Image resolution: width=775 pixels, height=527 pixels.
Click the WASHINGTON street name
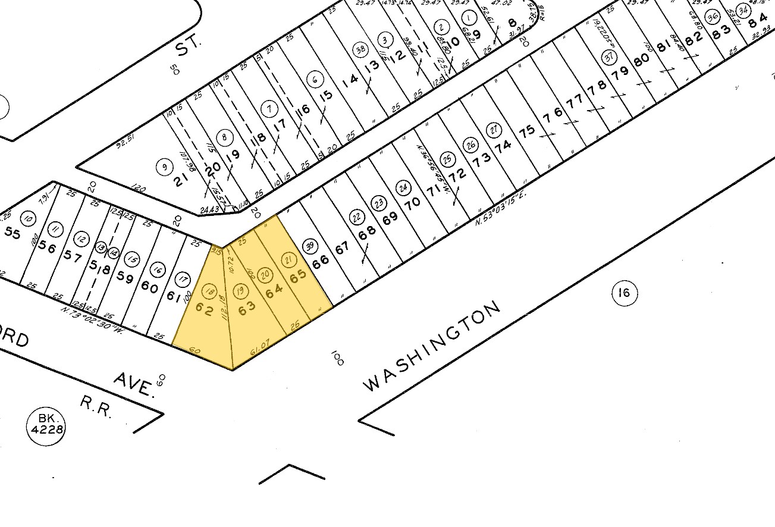pos(432,347)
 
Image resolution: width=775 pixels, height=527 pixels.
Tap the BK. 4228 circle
pos(45,425)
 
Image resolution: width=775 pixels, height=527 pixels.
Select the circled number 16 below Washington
pos(623,293)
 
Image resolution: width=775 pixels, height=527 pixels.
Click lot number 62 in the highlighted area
pos(204,310)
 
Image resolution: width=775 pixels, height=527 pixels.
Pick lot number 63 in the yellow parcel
pos(246,308)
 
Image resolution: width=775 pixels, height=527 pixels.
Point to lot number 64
pos(274,292)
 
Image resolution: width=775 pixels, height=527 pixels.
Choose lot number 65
pos(297,277)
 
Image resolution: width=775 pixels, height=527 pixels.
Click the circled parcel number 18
pos(209,291)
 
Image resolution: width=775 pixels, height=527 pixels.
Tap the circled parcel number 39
pos(309,246)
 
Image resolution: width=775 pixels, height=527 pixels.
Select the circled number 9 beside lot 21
pos(164,167)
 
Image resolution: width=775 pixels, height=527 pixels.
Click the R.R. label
pos(96,407)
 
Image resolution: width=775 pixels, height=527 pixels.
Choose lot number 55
pos(12,233)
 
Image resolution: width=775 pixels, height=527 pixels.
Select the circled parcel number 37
pos(608,57)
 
